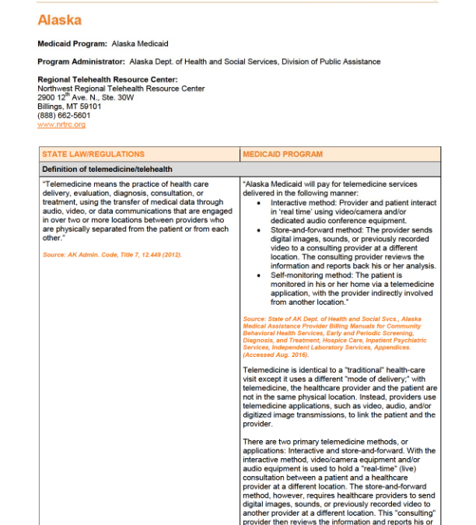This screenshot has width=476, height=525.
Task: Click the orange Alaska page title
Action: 59,19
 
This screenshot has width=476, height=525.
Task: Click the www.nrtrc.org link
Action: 61,124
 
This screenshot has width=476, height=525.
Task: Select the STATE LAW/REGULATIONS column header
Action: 93,154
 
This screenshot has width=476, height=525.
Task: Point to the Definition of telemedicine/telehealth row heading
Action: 107,169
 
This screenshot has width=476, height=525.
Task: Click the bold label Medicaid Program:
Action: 72,44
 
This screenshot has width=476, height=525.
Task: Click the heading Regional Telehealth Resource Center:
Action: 107,79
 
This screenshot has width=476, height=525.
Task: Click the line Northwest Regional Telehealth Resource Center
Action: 121,89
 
